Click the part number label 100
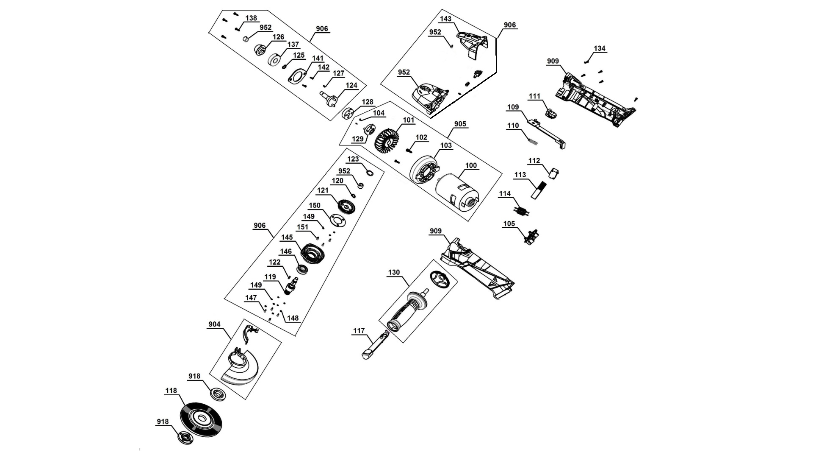tap(471, 165)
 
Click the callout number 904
tap(214, 324)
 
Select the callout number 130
tap(394, 272)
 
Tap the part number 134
tap(600, 49)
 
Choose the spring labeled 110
tap(531, 137)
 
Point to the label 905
tap(460, 124)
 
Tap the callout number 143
tap(445, 19)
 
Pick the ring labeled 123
tap(370, 173)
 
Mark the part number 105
tap(509, 223)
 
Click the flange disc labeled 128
tap(348, 114)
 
